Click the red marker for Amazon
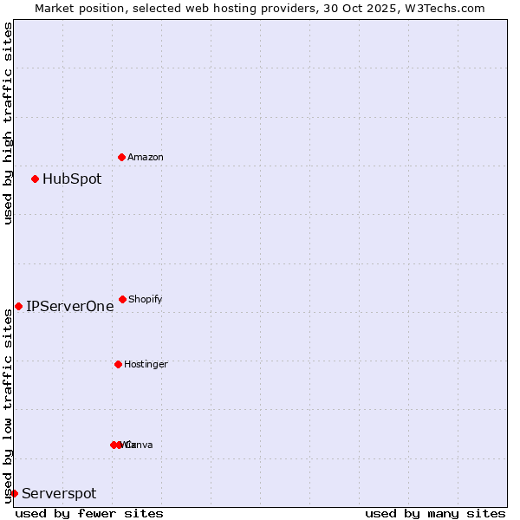click(x=121, y=157)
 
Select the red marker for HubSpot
click(x=35, y=179)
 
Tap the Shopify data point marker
click(x=122, y=299)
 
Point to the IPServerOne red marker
click(x=18, y=306)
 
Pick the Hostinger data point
click(x=118, y=364)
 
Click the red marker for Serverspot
click(x=14, y=493)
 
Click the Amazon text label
click(x=145, y=157)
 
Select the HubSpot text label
click(x=72, y=179)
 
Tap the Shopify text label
click(x=145, y=299)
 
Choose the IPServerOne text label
click(x=69, y=306)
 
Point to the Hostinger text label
click(x=146, y=364)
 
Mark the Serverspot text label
click(x=59, y=494)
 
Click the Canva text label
click(x=140, y=445)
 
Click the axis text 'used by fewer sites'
click(x=89, y=513)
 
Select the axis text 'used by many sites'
click(x=435, y=513)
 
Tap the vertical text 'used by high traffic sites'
click(x=8, y=123)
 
